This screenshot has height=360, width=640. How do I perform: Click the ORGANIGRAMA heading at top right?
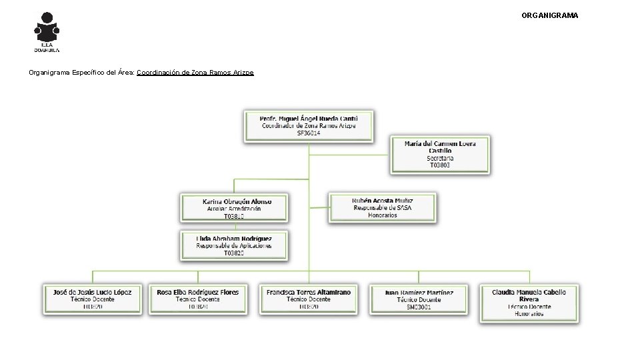pyautogui.click(x=549, y=15)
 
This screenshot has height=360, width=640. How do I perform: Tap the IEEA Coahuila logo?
pyautogui.click(x=47, y=31)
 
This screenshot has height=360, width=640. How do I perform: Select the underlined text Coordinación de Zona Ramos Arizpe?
pyautogui.click(x=195, y=72)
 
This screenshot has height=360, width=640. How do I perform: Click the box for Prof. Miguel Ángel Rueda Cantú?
pyautogui.click(x=309, y=125)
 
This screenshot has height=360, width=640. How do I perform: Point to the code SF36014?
pyautogui.click(x=309, y=133)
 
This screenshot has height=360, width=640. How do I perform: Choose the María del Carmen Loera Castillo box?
pyautogui.click(x=439, y=154)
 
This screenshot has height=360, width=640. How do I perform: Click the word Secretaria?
pyautogui.click(x=440, y=158)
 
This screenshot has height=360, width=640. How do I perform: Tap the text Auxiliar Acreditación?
pyautogui.click(x=234, y=209)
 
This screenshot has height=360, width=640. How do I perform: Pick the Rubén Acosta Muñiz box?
pyautogui.click(x=382, y=207)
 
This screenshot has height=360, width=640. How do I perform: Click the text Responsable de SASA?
pyautogui.click(x=383, y=208)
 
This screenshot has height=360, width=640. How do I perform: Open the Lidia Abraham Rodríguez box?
pyautogui.click(x=234, y=245)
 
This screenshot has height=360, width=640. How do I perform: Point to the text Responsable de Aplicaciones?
pyautogui.click(x=234, y=246)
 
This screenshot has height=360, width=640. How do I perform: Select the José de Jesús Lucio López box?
pyautogui.click(x=93, y=299)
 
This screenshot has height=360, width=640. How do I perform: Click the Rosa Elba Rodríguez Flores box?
pyautogui.click(x=197, y=299)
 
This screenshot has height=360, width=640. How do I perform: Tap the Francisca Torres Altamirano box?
pyautogui.click(x=308, y=299)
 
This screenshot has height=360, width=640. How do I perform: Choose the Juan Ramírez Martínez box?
pyautogui.click(x=419, y=299)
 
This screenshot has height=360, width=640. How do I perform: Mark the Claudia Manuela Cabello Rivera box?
pyautogui.click(x=529, y=303)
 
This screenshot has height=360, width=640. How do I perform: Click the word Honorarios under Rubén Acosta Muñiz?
pyautogui.click(x=383, y=215)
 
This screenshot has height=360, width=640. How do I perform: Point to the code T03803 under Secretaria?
pyautogui.click(x=440, y=165)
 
